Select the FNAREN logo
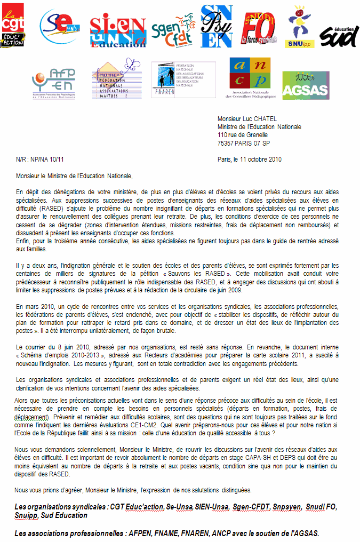[182, 80]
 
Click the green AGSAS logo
[306, 85]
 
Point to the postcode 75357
[227, 143]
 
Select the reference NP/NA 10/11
[47, 159]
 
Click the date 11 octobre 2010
[261, 159]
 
